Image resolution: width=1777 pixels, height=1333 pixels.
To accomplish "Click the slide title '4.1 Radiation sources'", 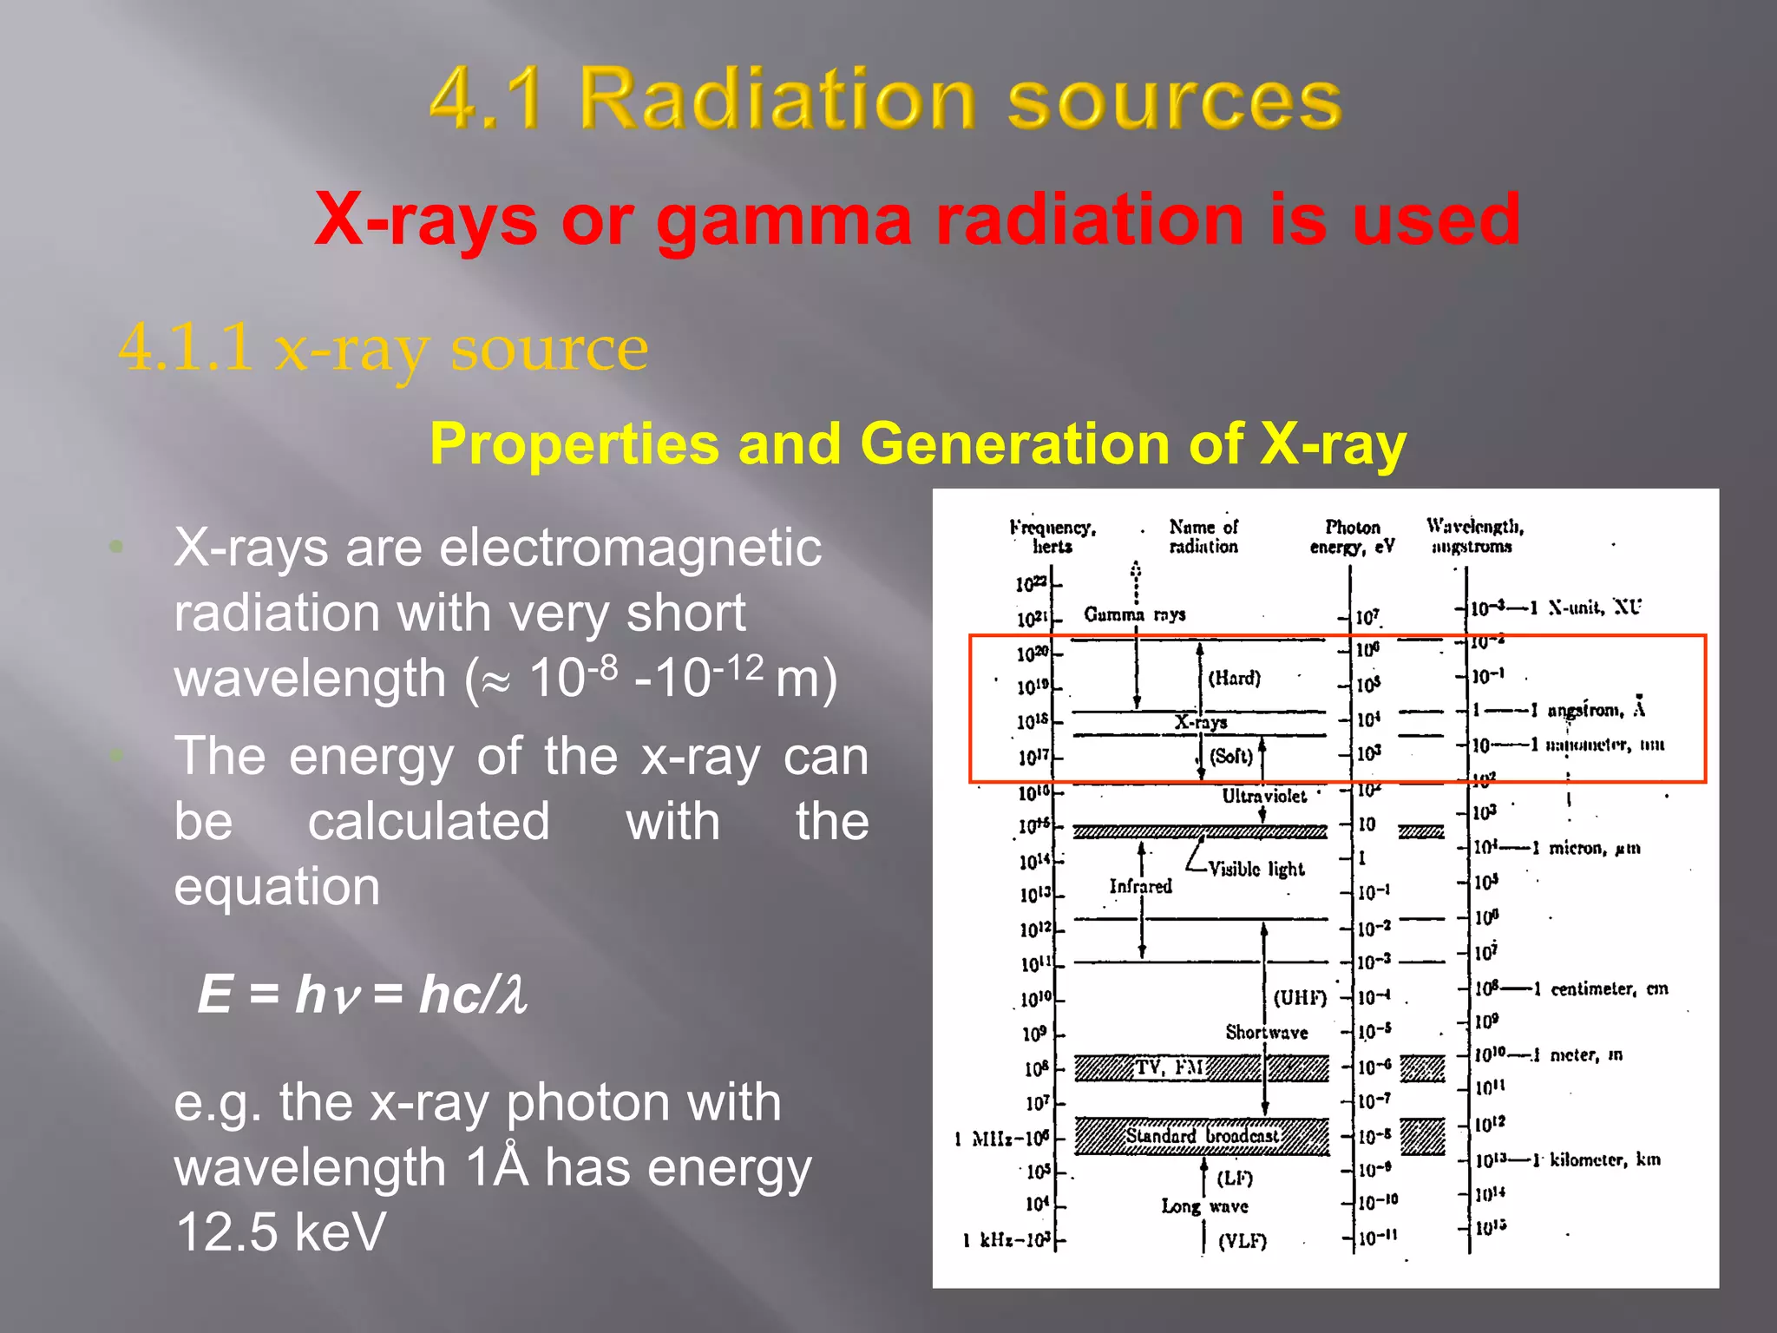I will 885,99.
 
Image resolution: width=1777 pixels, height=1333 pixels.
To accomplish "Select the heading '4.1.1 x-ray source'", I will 383,348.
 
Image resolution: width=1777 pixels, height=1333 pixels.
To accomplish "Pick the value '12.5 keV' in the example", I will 280,1231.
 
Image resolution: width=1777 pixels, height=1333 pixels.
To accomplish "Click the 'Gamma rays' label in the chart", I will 1134,614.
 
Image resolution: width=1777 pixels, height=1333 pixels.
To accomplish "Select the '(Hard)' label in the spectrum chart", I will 1234,678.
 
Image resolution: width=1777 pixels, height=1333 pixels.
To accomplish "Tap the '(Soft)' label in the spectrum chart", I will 1231,756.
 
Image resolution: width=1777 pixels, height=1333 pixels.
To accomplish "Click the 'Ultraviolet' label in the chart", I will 1263,796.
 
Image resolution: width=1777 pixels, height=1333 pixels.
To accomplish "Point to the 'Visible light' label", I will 1256,869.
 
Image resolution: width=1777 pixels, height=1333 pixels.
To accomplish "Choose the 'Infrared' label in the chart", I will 1140,886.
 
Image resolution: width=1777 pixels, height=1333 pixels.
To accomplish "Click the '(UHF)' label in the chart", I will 1300,998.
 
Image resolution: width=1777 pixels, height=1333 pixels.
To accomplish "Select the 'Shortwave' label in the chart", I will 1266,1032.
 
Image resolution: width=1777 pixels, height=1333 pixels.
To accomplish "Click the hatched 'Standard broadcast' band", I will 1202,1136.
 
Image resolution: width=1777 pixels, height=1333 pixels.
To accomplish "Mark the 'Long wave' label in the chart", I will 1204,1206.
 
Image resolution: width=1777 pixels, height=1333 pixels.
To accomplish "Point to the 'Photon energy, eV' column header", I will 1352,536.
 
